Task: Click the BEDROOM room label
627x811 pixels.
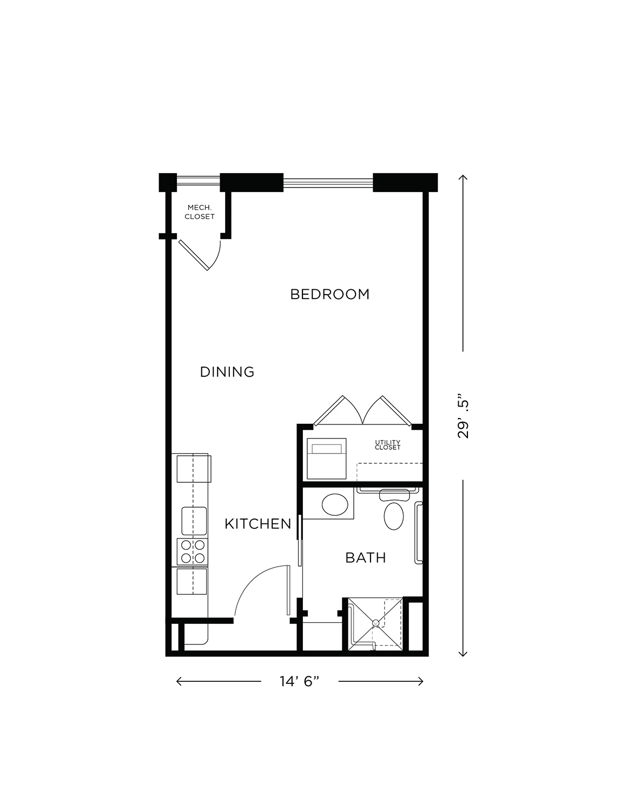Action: pyautogui.click(x=329, y=295)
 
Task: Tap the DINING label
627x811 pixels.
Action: pyautogui.click(x=227, y=372)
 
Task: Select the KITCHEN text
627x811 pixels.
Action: pyautogui.click(x=258, y=524)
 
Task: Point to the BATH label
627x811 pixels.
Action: pyautogui.click(x=366, y=557)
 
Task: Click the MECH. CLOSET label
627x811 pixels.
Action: pyautogui.click(x=200, y=212)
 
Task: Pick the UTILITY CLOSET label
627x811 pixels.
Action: pyautogui.click(x=388, y=445)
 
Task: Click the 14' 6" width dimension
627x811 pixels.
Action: pyautogui.click(x=300, y=681)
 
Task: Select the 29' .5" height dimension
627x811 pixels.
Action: pyautogui.click(x=463, y=415)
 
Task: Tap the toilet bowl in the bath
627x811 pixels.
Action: pyautogui.click(x=394, y=516)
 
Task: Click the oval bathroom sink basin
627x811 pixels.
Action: pyautogui.click(x=335, y=504)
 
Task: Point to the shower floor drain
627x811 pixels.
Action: pyautogui.click(x=375, y=623)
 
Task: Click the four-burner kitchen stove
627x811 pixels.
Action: pyautogui.click(x=193, y=551)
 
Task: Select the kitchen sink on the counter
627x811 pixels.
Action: pyautogui.click(x=194, y=521)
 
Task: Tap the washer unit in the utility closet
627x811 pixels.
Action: pyautogui.click(x=326, y=458)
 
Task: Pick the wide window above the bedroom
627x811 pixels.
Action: pyautogui.click(x=328, y=183)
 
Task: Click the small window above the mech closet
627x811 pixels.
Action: pyautogui.click(x=199, y=183)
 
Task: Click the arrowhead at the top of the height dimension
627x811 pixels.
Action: pyautogui.click(x=463, y=176)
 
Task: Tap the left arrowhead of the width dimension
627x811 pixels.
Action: pyautogui.click(x=178, y=681)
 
